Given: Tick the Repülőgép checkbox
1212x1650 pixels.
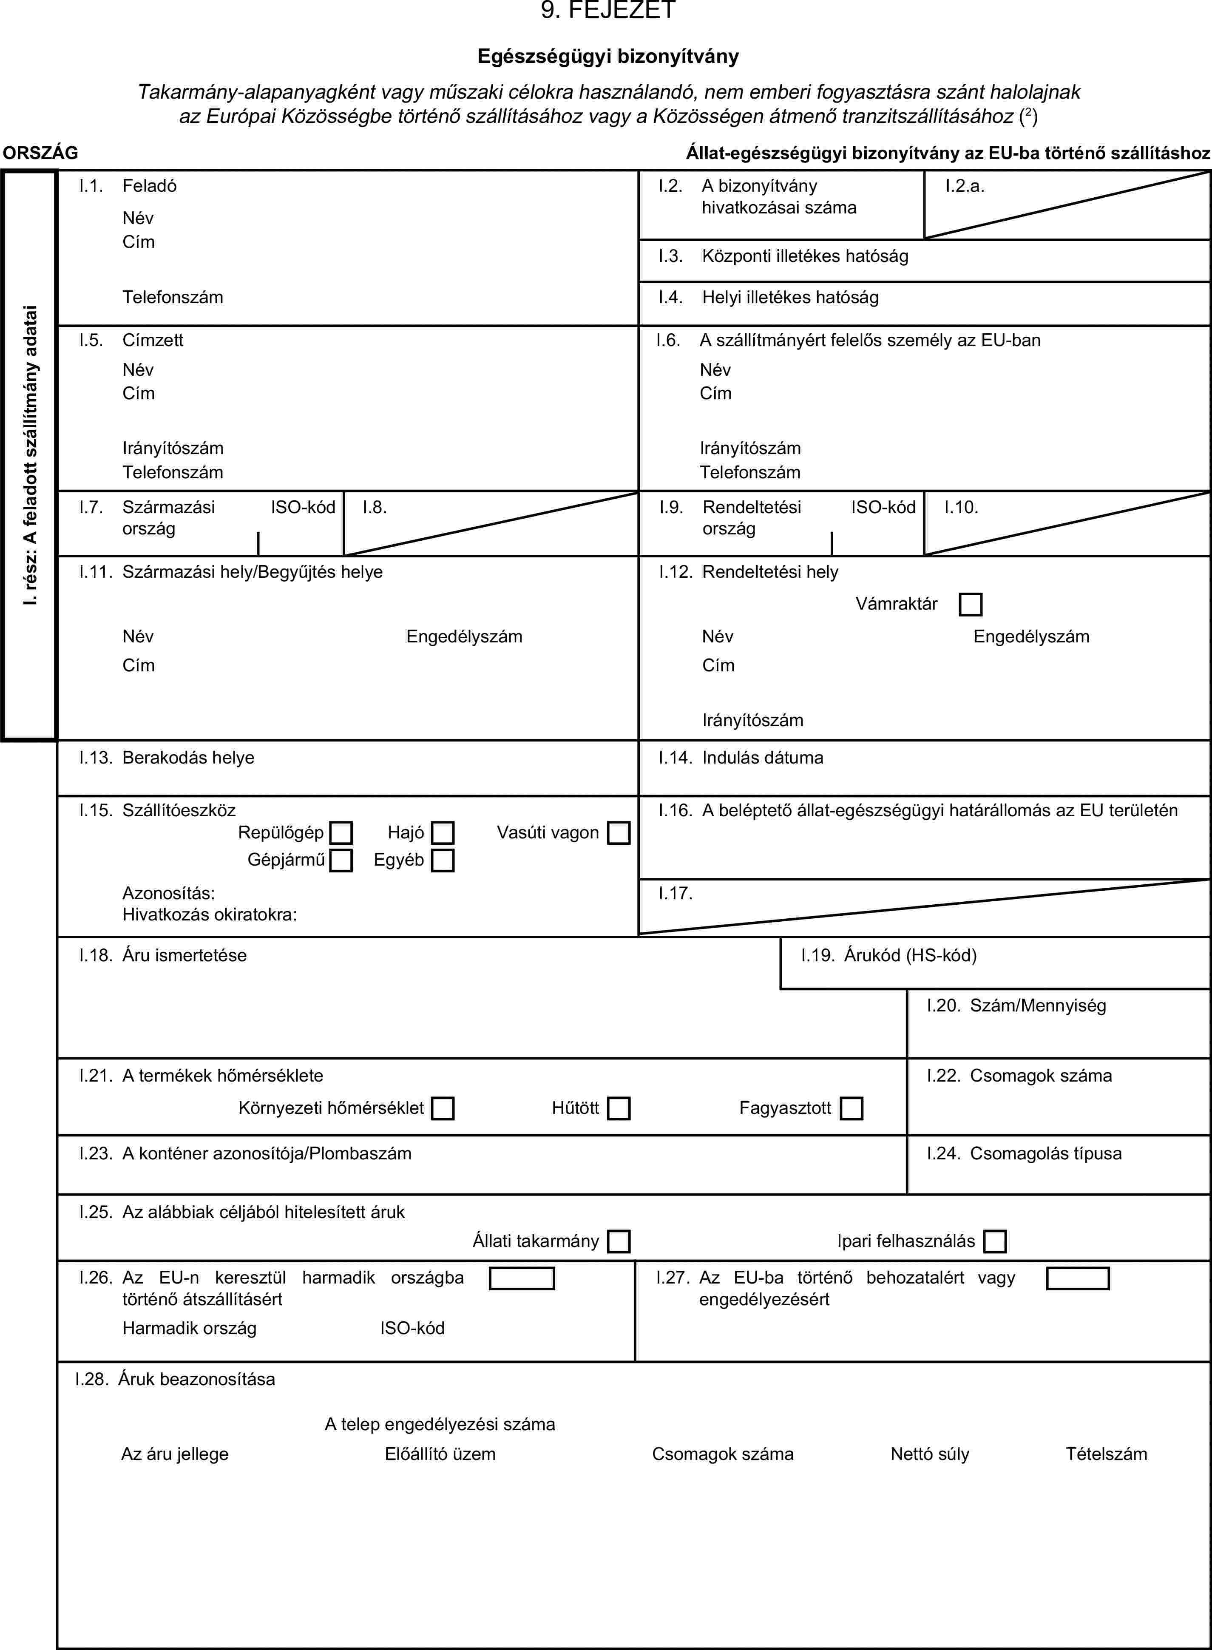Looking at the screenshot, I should click(x=341, y=833).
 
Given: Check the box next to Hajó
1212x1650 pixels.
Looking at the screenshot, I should click(x=443, y=833).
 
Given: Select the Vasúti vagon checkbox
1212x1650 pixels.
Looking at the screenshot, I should click(x=619, y=833).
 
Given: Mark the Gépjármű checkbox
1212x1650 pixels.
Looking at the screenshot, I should click(x=341, y=860).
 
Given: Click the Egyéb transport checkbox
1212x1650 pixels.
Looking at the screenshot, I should click(x=443, y=860).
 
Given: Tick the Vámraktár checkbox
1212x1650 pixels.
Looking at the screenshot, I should click(x=970, y=605).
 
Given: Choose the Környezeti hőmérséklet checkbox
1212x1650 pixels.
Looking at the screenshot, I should click(x=443, y=1108).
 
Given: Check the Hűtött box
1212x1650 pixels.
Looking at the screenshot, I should click(x=619, y=1108).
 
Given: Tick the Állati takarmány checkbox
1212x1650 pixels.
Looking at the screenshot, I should click(x=619, y=1241).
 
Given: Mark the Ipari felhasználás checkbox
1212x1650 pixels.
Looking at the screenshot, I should click(x=995, y=1241).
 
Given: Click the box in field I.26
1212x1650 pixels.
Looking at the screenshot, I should click(x=522, y=1279).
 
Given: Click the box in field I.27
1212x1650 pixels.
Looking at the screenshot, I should click(x=1077, y=1279).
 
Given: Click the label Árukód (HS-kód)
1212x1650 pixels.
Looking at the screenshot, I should click(x=910, y=955).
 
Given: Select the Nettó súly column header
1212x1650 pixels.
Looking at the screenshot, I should click(x=930, y=1454).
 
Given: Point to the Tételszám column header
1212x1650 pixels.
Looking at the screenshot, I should click(x=1106, y=1454).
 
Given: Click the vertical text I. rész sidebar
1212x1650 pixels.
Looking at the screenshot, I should click(x=29, y=455).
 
